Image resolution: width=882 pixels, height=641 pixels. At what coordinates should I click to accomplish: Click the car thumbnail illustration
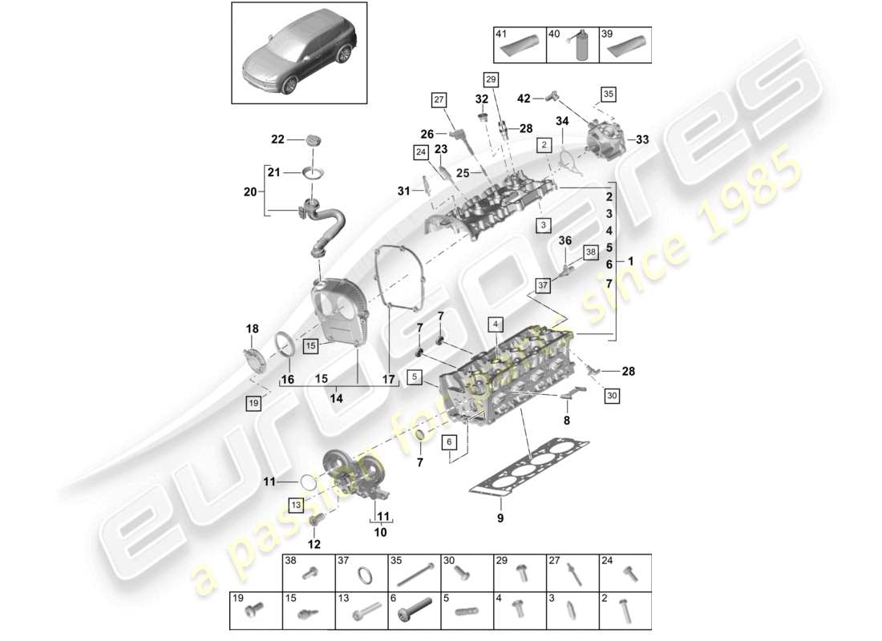click(299, 52)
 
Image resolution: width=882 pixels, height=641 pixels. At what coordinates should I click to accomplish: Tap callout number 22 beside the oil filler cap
click(277, 139)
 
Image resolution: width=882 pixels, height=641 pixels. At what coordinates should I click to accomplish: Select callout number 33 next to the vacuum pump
click(641, 139)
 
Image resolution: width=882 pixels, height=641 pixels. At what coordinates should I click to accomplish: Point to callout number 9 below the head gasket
click(500, 518)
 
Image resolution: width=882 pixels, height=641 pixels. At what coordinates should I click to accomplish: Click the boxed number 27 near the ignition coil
click(439, 100)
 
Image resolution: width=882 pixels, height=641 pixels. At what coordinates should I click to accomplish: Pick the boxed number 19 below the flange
click(253, 404)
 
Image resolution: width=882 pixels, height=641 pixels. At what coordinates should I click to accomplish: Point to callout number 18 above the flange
click(253, 328)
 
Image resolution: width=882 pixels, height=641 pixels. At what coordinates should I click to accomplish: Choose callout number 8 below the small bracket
click(566, 419)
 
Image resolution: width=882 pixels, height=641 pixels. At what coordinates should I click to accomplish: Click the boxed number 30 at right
click(612, 394)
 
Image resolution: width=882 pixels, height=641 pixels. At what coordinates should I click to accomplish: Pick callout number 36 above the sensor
click(564, 240)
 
